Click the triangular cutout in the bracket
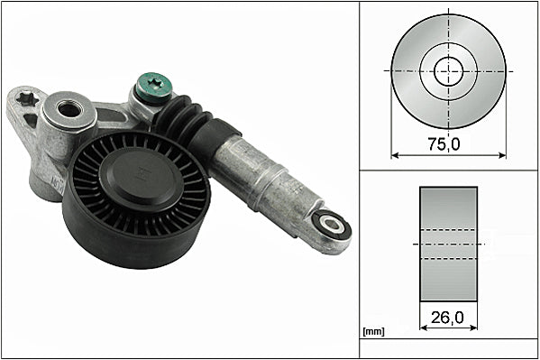pyautogui.click(x=31, y=119)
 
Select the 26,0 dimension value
pyautogui.click(x=449, y=317)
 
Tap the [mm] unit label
pyautogui.click(x=372, y=332)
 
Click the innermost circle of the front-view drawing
pyautogui.click(x=448, y=70)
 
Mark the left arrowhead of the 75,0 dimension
pyautogui.click(x=395, y=154)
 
